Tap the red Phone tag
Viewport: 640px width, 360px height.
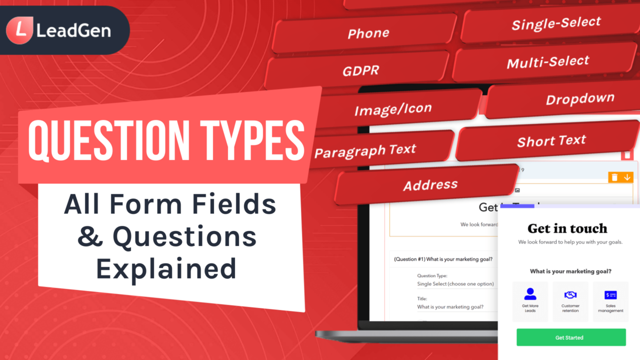pyautogui.click(x=368, y=33)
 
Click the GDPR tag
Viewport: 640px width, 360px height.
pyautogui.click(x=360, y=71)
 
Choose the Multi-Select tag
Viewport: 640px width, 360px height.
pyautogui.click(x=547, y=62)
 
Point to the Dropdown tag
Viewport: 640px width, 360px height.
pyautogui.click(x=579, y=99)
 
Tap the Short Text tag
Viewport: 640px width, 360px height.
pyautogui.click(x=551, y=141)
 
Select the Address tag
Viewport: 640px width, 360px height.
pyautogui.click(x=430, y=185)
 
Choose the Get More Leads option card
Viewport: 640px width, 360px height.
pyautogui.click(x=530, y=301)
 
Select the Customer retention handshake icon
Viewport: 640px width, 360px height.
pyautogui.click(x=570, y=295)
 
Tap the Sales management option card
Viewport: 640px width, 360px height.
pyautogui.click(x=610, y=301)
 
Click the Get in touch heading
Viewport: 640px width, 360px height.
pyautogui.click(x=567, y=228)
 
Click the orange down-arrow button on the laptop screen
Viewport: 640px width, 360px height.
pyautogui.click(x=627, y=177)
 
